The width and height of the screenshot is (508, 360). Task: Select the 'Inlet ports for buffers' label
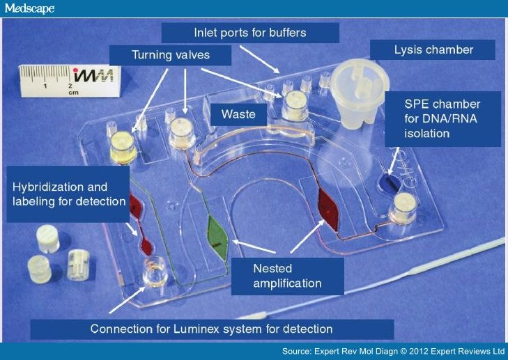click(x=249, y=32)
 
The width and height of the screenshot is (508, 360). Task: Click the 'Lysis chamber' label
click(x=432, y=49)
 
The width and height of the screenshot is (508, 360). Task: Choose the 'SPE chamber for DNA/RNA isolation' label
click(x=442, y=118)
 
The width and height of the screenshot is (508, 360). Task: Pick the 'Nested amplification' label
click(x=295, y=276)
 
